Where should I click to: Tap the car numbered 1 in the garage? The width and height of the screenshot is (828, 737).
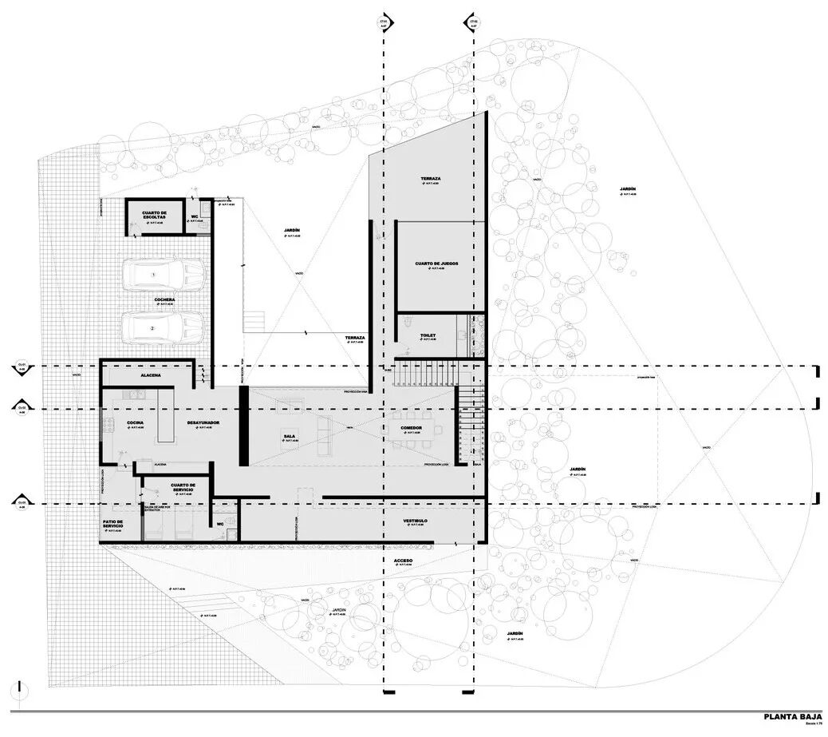coord(164,274)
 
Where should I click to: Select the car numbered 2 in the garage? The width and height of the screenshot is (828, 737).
coord(164,327)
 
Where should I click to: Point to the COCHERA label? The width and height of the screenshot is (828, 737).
coord(165,300)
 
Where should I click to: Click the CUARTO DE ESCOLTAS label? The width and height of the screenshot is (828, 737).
coord(155,215)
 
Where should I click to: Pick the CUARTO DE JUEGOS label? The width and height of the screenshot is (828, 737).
coord(436,263)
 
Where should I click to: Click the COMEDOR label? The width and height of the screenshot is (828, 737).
coord(416,428)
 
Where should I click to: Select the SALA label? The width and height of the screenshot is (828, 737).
coord(289,436)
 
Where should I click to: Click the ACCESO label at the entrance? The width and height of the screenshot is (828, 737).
coord(403,561)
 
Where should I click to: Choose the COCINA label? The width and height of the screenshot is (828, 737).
coord(136,422)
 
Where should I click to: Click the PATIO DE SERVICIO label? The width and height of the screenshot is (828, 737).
coord(112,525)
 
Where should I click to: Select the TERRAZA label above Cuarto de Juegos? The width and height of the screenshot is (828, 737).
coord(432,178)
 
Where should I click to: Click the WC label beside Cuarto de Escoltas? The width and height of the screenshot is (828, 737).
coord(195,216)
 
